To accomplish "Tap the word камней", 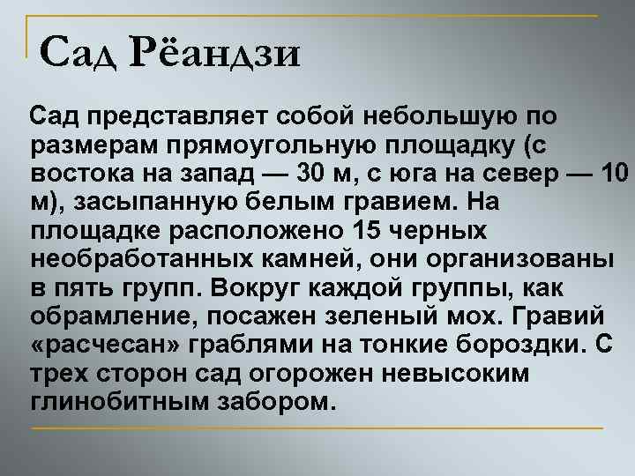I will coord(290,260).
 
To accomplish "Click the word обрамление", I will coord(105,317).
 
